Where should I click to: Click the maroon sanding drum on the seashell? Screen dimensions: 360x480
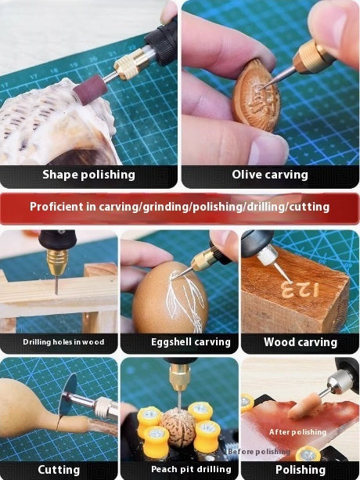(90, 90)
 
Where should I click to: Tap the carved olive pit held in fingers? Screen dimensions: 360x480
(256, 96)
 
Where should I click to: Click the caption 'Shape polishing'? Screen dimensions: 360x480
(88, 175)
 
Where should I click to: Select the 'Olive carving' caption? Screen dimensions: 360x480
(270, 175)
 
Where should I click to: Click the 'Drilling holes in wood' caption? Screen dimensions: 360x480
(63, 342)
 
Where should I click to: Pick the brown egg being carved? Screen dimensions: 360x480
(171, 298)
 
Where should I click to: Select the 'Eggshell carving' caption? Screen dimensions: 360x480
(190, 342)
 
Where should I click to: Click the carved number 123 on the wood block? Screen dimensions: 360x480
(300, 289)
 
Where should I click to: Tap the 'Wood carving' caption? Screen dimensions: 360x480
(301, 342)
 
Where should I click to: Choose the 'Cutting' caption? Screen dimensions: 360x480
(59, 470)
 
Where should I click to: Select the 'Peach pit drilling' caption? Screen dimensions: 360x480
(191, 469)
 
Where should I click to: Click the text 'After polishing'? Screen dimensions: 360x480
(297, 432)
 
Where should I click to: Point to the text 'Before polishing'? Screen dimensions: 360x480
(259, 452)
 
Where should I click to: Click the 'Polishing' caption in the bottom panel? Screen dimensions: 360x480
(301, 470)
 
